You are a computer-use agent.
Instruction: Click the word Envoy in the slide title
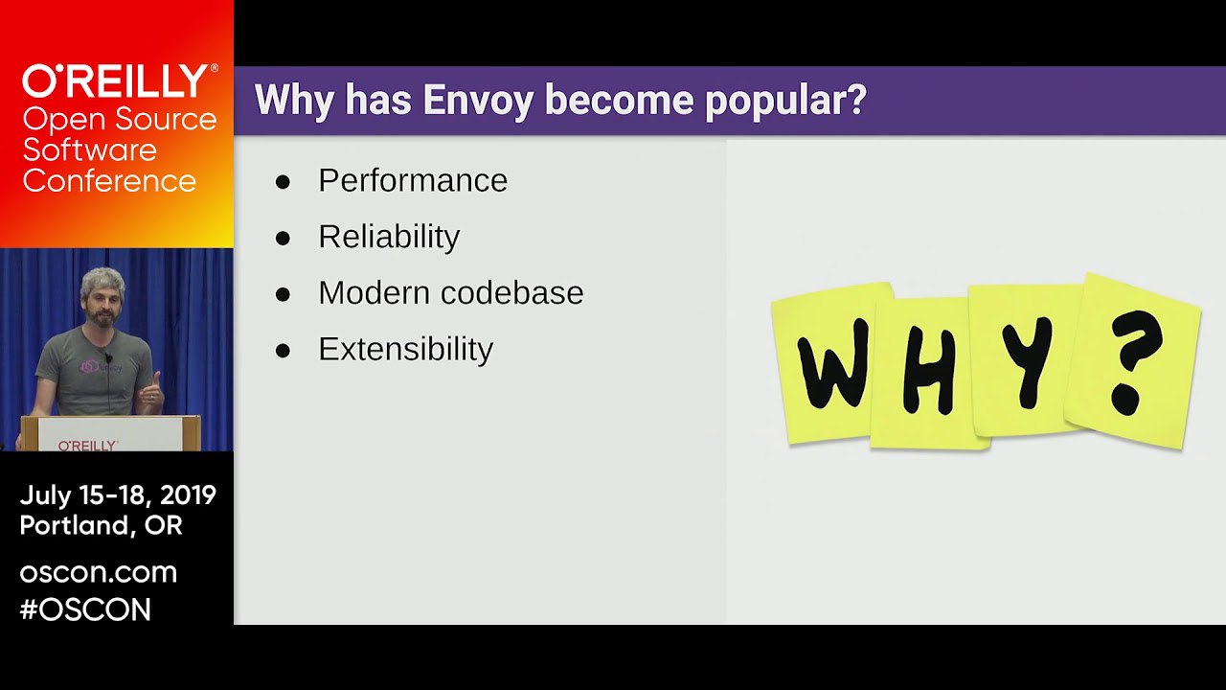pyautogui.click(x=478, y=101)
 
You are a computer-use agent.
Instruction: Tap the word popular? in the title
pyautogui.click(x=786, y=101)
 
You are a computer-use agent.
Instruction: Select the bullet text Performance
pyautogui.click(x=413, y=181)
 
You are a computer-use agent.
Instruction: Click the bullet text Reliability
pyautogui.click(x=389, y=237)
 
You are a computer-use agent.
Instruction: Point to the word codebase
pyautogui.click(x=511, y=293)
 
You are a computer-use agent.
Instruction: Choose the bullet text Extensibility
pyautogui.click(x=405, y=350)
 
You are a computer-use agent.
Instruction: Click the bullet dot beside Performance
pyautogui.click(x=283, y=182)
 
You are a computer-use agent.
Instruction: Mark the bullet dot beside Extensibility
pyautogui.click(x=283, y=351)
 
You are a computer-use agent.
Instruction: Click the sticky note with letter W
pyautogui.click(x=828, y=363)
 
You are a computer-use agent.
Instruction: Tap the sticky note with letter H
pyautogui.click(x=925, y=374)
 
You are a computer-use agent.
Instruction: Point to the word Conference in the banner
pyautogui.click(x=109, y=181)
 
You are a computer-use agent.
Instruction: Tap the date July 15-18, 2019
pyautogui.click(x=118, y=495)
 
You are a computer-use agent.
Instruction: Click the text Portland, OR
pyautogui.click(x=102, y=526)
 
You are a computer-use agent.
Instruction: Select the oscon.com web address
pyautogui.click(x=99, y=573)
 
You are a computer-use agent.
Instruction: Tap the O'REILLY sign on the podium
pyautogui.click(x=87, y=446)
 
